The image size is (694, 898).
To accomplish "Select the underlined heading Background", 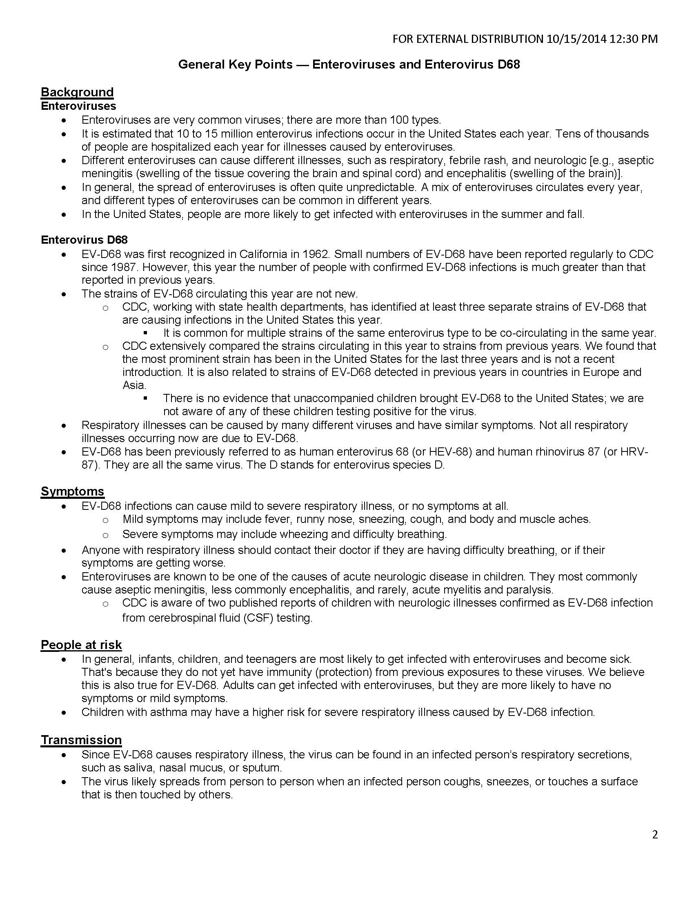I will (77, 92).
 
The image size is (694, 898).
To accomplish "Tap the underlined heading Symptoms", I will (72, 491).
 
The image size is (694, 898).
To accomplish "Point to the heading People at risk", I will (81, 645).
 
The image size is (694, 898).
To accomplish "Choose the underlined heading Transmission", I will (81, 740).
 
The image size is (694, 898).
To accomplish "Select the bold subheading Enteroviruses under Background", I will (78, 106).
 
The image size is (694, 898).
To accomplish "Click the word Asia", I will (134, 385).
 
